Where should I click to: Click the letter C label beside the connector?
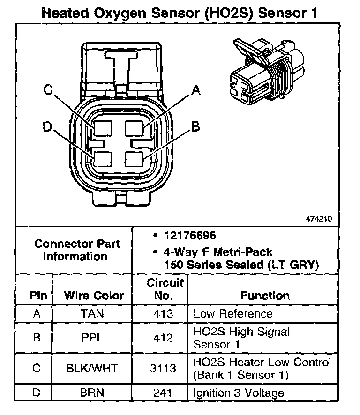[x=48, y=90]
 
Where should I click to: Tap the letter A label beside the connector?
[x=196, y=90]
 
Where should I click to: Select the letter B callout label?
[x=196, y=126]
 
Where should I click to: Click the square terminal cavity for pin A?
[x=136, y=129]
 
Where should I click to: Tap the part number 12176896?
[x=184, y=236]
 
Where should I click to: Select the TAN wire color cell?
[x=93, y=313]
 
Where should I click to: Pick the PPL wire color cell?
[x=93, y=337]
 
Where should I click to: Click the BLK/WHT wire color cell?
[x=93, y=368]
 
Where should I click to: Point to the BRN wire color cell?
[x=93, y=393]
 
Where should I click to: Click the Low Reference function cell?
[x=232, y=313]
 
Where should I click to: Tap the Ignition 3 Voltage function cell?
[x=239, y=393]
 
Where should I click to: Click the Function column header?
[x=265, y=296]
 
